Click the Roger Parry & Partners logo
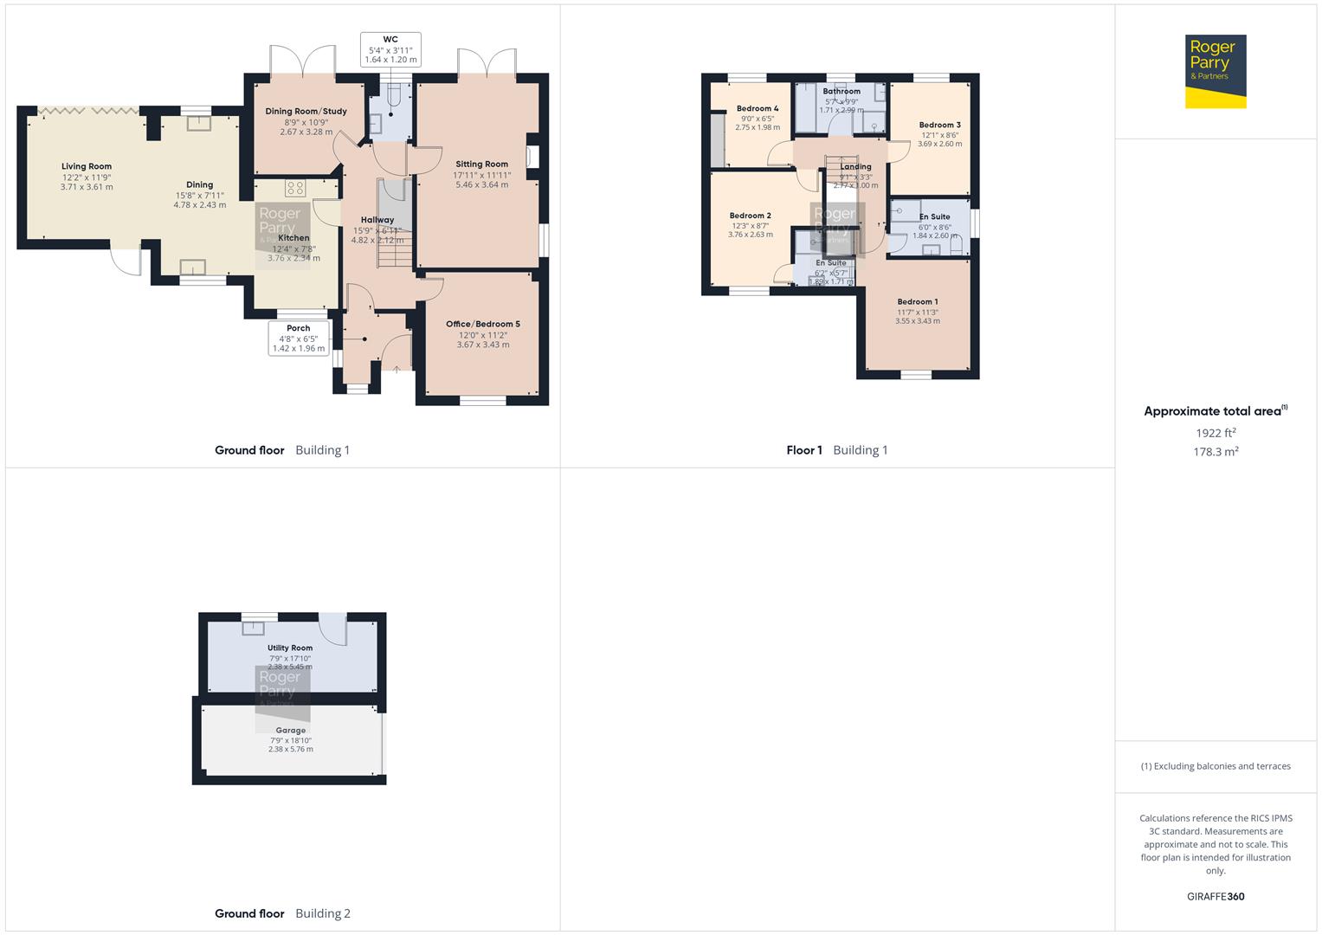tap(1215, 71)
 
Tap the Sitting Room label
tap(481, 164)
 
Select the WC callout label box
tap(390, 49)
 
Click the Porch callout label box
tap(299, 339)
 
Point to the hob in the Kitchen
tap(295, 188)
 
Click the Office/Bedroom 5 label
tap(483, 324)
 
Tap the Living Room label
tap(87, 166)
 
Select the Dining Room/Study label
tap(306, 111)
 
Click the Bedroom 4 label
tap(758, 108)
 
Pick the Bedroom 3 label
tap(939, 125)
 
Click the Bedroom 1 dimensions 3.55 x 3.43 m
tap(917, 321)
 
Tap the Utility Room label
tap(290, 648)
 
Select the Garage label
tap(290, 730)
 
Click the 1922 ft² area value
tap(1216, 433)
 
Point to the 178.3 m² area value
tap(1216, 452)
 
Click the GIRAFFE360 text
tap(1216, 896)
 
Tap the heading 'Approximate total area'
tap(1212, 411)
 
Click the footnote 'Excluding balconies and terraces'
tap(1221, 766)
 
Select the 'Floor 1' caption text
tap(804, 450)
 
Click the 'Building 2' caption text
tap(323, 913)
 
